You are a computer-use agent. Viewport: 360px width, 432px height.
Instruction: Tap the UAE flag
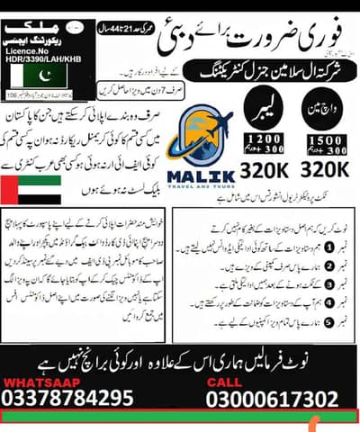pos(32,190)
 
